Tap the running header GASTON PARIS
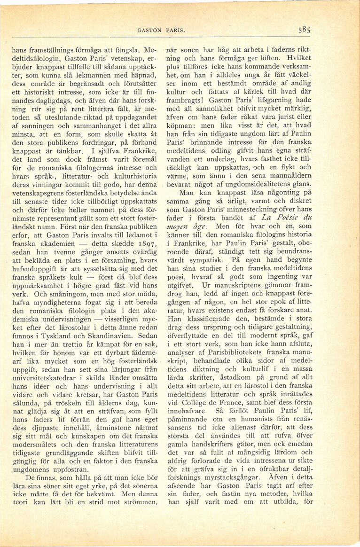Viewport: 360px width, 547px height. [160, 31]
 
